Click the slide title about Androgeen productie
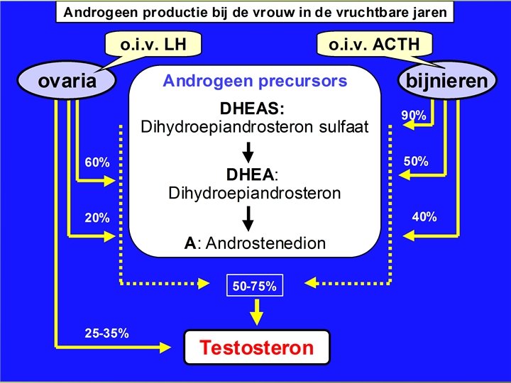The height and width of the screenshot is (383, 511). point(255,12)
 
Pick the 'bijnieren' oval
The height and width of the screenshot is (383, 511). point(446,81)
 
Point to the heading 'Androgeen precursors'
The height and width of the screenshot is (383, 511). point(255,81)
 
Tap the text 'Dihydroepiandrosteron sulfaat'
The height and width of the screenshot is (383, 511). point(255,128)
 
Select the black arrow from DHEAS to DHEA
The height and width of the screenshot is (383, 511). point(248,152)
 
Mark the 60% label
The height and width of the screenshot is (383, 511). point(97,163)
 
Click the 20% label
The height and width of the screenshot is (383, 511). point(97,218)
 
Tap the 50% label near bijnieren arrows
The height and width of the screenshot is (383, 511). point(415,162)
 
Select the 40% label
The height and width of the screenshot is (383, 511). point(424,217)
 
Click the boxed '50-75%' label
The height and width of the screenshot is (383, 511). point(255,287)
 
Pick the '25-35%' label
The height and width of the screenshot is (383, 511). point(106,333)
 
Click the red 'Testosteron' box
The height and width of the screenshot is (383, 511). point(256,348)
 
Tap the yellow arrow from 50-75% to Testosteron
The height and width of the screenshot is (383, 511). point(256,311)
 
